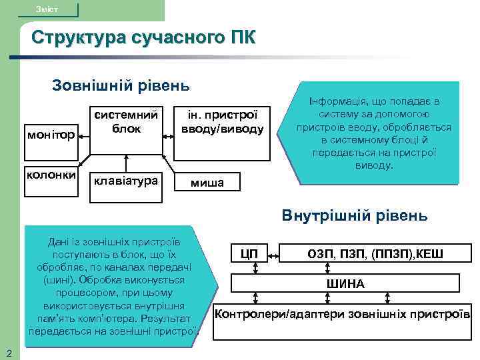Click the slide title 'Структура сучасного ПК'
[x=143, y=37]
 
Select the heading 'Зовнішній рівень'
[x=121, y=85]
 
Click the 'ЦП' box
[x=250, y=253]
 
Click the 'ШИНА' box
[x=345, y=283]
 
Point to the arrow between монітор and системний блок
[x=85, y=134]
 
